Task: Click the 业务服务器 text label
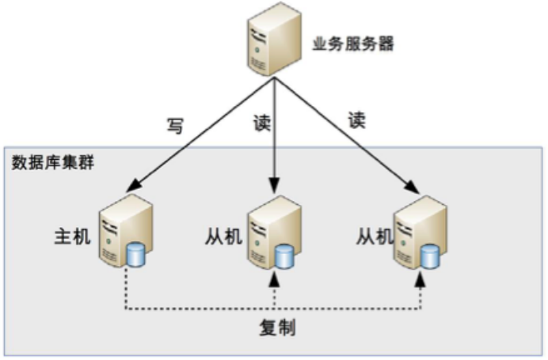pyautogui.click(x=353, y=45)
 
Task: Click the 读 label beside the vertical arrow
pyautogui.click(x=260, y=126)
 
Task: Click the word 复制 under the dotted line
pyautogui.click(x=277, y=328)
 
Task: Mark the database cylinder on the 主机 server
pyautogui.click(x=136, y=256)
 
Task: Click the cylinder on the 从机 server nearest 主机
pyautogui.click(x=284, y=256)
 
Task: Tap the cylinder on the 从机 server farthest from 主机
pyautogui.click(x=430, y=256)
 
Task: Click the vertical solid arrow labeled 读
pyautogui.click(x=273, y=135)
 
